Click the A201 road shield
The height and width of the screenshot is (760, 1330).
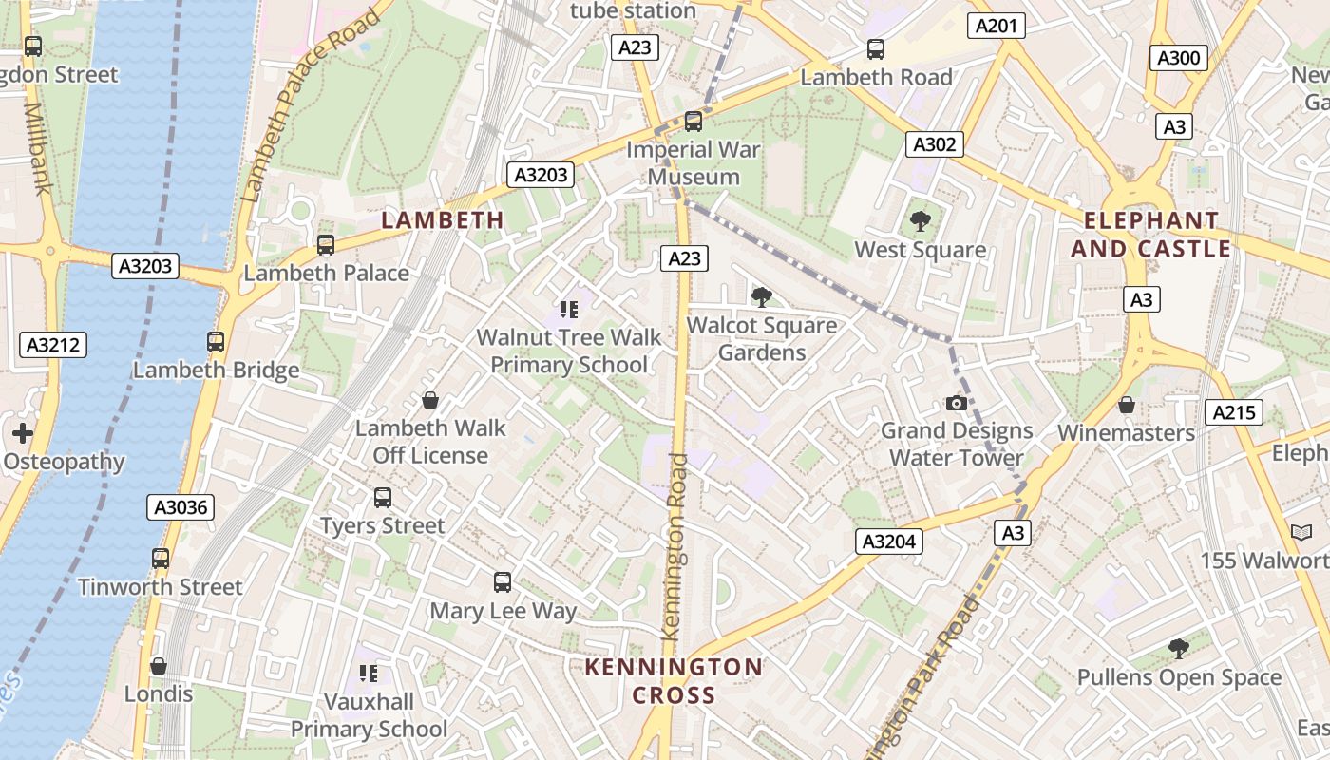pyautogui.click(x=996, y=26)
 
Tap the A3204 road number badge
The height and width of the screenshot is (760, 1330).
pyautogui.click(x=889, y=541)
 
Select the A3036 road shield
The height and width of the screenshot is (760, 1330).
pyautogui.click(x=180, y=507)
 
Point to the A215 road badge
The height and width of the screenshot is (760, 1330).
pyautogui.click(x=1233, y=412)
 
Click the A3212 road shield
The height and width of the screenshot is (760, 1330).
pyautogui.click(x=53, y=345)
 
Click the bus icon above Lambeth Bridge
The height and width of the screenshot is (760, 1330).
pyautogui.click(x=216, y=342)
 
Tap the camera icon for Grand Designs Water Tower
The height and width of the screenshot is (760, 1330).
pyautogui.click(x=957, y=404)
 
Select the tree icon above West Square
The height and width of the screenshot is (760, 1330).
pyautogui.click(x=920, y=222)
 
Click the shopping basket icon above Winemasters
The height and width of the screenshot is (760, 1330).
pyautogui.click(x=1126, y=406)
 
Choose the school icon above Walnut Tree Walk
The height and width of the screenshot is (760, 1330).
pyautogui.click(x=568, y=310)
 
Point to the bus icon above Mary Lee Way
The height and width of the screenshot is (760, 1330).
pyautogui.click(x=503, y=582)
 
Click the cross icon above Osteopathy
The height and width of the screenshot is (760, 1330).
pyautogui.click(x=23, y=434)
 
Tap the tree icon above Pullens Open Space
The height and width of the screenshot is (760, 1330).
pyautogui.click(x=1178, y=650)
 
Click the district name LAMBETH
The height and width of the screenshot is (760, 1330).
pyautogui.click(x=443, y=220)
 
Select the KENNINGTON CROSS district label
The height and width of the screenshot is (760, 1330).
pyautogui.click(x=674, y=680)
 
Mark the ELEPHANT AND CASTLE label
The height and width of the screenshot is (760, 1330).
pyautogui.click(x=1151, y=235)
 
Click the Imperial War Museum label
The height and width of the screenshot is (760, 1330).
pyautogui.click(x=693, y=163)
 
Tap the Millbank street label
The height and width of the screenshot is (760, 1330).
pyautogui.click(x=36, y=148)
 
